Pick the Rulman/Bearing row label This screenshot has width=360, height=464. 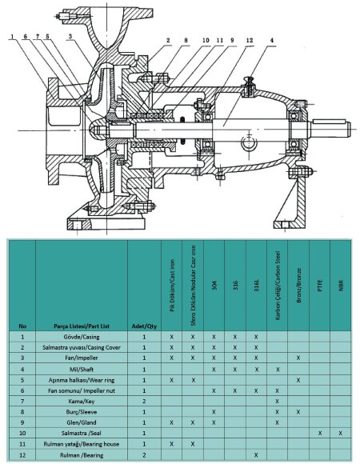tap(81, 454)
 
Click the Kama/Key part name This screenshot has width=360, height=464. tap(81, 401)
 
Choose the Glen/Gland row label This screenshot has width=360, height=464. tap(81, 422)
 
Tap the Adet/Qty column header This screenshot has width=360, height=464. tap(143, 326)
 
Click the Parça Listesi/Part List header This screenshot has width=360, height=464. tap(81, 326)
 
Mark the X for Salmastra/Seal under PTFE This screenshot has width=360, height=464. tap(320, 432)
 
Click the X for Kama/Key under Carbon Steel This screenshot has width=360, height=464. tap(277, 401)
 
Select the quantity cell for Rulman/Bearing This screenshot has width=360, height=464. tap(143, 454)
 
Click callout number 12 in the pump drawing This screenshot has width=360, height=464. tap(250, 39)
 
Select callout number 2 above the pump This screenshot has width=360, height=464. tap(169, 39)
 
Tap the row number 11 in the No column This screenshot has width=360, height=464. tap(22, 443)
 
